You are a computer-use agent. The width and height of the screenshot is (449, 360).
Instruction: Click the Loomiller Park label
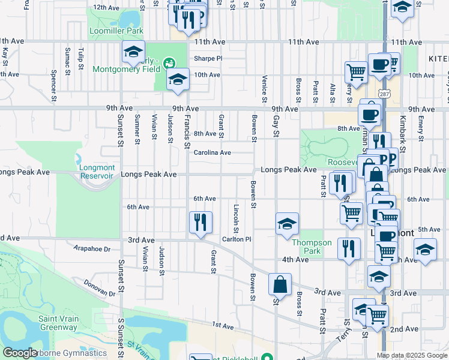[116, 30]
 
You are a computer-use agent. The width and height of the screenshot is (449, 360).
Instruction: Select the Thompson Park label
[312, 247]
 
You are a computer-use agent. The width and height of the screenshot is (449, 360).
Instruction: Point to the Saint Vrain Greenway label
[58, 323]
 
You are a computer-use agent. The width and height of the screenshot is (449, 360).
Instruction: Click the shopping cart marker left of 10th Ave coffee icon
[356, 72]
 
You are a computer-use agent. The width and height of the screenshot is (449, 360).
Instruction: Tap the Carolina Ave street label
[212, 152]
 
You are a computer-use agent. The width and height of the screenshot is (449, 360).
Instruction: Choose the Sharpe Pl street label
[208, 59]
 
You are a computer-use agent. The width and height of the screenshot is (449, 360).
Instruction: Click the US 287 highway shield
[384, 93]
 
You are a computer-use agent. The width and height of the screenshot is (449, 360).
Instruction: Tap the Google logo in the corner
[20, 353]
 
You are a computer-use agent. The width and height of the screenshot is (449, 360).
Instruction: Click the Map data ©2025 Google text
[412, 355]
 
